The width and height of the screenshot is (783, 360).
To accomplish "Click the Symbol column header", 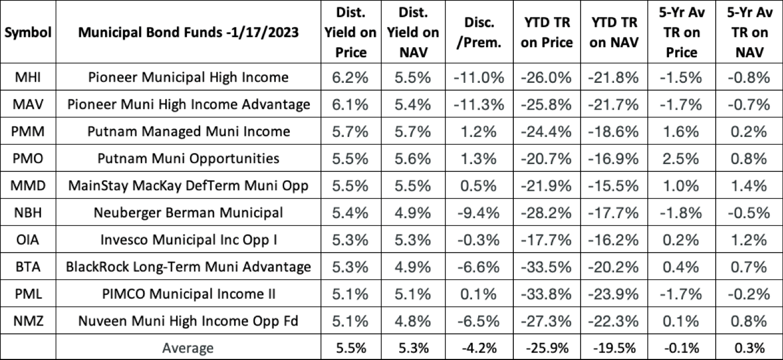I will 28,32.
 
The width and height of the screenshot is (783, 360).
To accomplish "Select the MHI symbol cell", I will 28,77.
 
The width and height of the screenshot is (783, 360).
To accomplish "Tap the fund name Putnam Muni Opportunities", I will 189,159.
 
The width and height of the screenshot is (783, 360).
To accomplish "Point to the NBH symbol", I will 28,213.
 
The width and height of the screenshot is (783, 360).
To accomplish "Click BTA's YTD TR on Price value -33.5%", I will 547,267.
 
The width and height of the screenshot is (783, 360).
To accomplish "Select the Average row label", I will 189,348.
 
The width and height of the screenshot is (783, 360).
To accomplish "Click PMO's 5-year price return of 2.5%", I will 681,159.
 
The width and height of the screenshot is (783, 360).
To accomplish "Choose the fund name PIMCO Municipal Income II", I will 189,294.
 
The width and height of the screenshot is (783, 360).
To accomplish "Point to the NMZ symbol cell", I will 28,322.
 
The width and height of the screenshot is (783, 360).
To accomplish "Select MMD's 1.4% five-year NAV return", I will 748,186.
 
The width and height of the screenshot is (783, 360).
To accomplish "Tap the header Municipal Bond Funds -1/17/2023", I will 189,32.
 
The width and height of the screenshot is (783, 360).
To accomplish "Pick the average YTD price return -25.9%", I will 547,348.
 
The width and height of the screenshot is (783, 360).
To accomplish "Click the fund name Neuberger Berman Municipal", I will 189,213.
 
